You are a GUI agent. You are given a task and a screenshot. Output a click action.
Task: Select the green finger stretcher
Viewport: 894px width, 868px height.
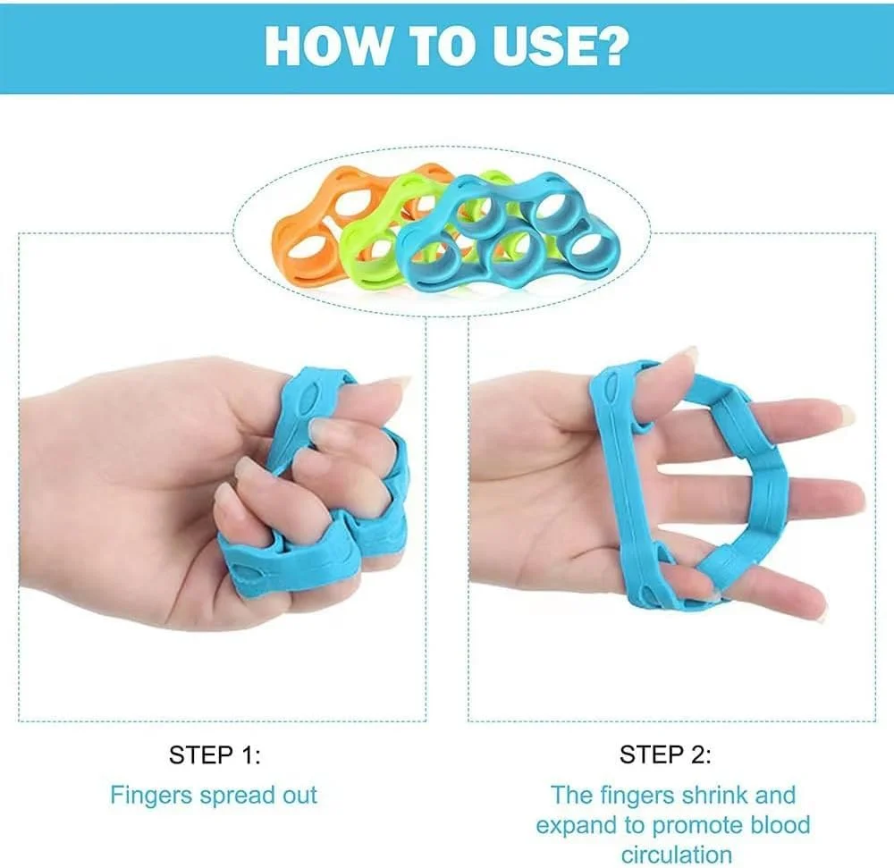click(x=371, y=240)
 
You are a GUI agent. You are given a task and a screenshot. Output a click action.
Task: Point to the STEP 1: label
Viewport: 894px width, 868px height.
click(x=215, y=755)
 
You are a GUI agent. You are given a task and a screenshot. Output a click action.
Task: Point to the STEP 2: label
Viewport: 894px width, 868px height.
click(x=665, y=754)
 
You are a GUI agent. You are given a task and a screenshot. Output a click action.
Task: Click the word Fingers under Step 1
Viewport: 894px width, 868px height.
click(x=150, y=796)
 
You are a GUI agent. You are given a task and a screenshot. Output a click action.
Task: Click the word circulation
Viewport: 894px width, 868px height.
click(x=677, y=855)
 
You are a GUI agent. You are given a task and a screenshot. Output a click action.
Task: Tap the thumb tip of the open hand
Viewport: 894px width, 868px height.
click(x=684, y=356)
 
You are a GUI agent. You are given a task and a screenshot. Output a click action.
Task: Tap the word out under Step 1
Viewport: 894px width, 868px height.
click(x=299, y=796)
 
